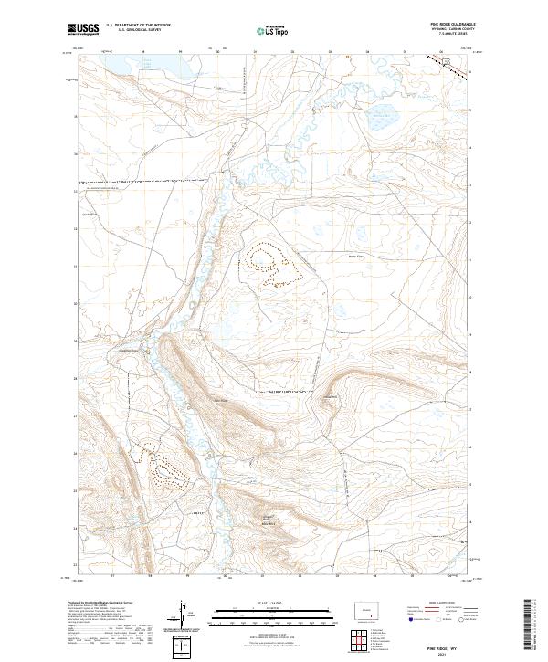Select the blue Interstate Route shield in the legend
click(413, 620)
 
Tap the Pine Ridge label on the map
click(219, 399)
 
